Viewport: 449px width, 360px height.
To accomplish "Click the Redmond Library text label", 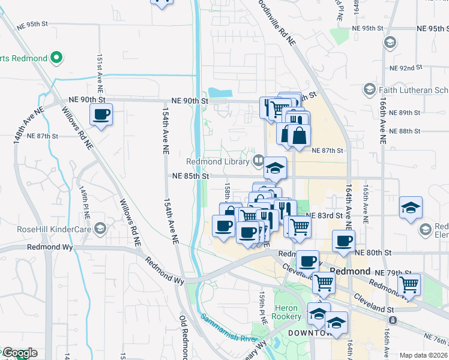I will pyautogui.click(x=217, y=161).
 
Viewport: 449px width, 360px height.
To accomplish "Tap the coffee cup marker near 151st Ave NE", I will pyautogui.click(x=101, y=115).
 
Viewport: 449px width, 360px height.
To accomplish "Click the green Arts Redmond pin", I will pyautogui.click(x=57, y=58).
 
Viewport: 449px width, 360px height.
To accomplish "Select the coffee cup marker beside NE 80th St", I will pyautogui.click(x=344, y=241).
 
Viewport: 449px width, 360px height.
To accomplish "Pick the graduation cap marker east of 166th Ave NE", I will pyautogui.click(x=411, y=208).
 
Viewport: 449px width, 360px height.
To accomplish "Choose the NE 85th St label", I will pyautogui.click(x=190, y=176).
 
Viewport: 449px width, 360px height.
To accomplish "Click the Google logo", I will pyautogui.click(x=19, y=353).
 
